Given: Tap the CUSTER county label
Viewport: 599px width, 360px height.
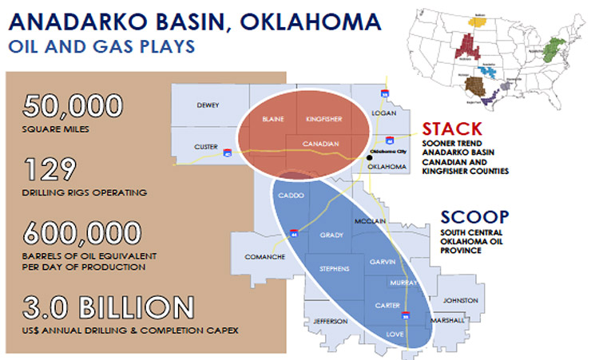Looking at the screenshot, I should pos(207,146).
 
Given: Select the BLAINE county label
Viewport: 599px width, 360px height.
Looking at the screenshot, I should pos(274,119).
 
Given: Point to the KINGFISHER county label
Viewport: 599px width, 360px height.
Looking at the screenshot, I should pos(323,119).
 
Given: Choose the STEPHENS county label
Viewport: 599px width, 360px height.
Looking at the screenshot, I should pos(333,268).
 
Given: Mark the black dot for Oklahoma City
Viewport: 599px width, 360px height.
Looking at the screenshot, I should pos(369,158).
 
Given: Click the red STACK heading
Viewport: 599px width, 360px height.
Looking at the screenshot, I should pos(452,129).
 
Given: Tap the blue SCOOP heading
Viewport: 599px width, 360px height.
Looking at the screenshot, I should pos(474,217).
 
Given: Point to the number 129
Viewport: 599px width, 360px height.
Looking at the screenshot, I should pos(50,170).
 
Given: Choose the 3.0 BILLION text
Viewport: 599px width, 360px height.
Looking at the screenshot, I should pos(108,308).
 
